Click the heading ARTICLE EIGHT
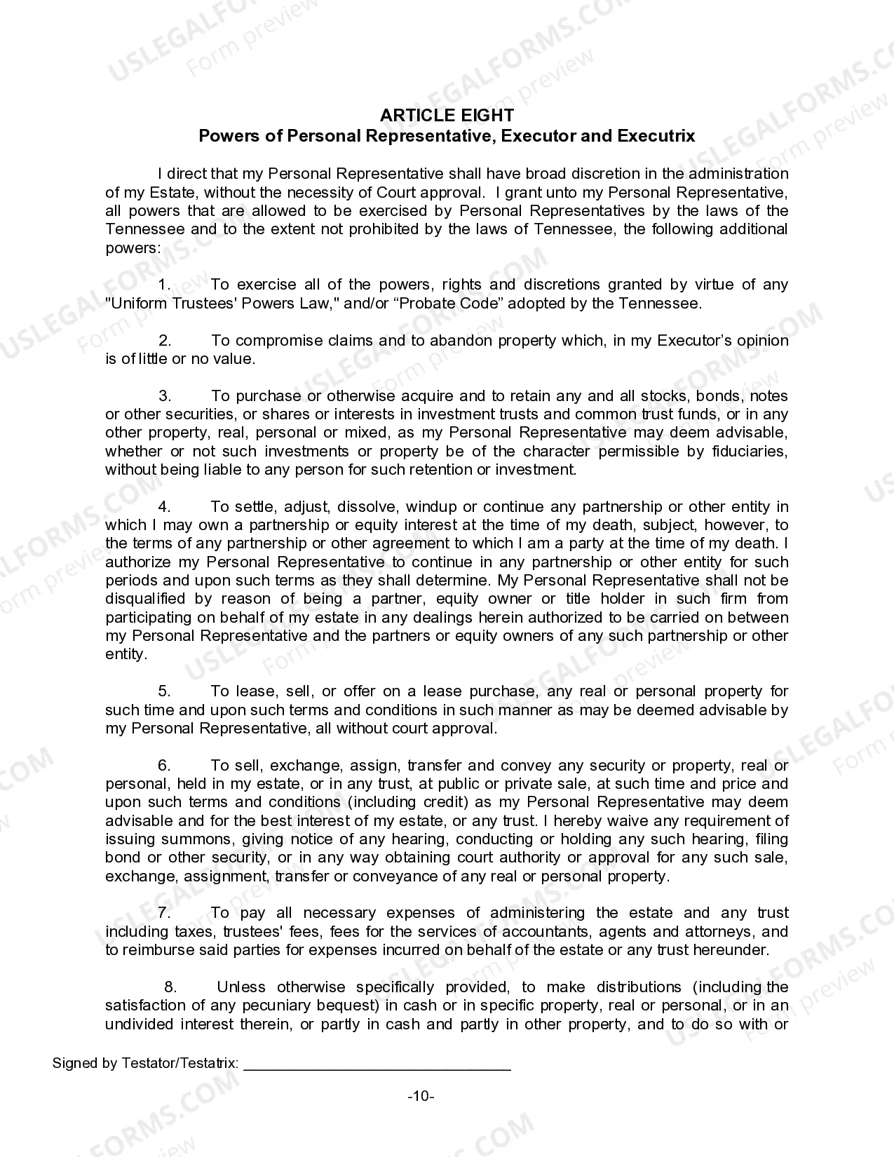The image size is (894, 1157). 447,116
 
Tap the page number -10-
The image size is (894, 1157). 421,1096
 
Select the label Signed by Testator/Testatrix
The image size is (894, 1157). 146,1063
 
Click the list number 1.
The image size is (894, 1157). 165,285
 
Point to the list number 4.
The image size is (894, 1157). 165,507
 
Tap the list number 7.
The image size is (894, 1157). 165,913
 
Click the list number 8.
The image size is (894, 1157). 170,987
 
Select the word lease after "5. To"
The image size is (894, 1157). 256,691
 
